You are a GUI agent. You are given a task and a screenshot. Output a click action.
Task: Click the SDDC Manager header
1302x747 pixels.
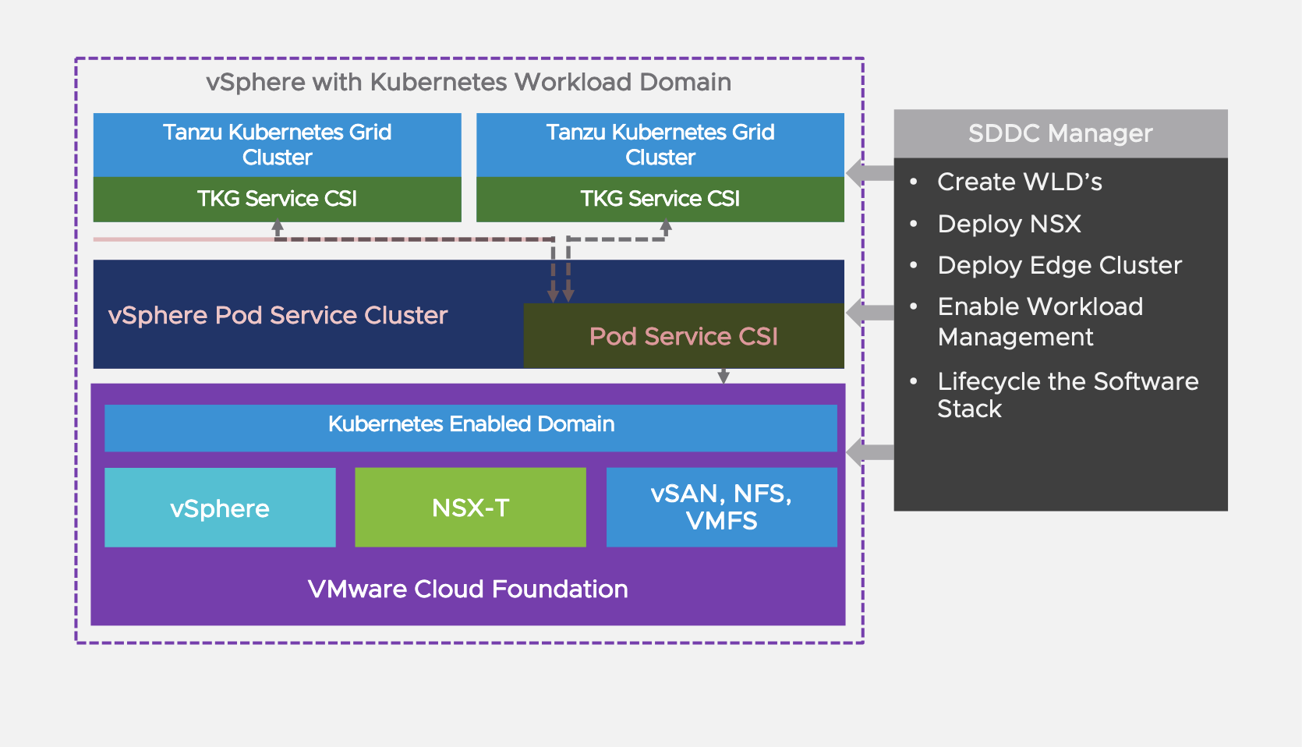tap(1060, 133)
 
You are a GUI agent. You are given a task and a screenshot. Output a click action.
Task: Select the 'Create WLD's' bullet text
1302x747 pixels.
tap(1019, 182)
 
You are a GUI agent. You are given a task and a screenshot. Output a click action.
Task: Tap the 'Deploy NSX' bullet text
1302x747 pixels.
tap(1009, 224)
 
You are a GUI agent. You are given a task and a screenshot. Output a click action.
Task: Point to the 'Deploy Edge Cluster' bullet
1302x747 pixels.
tap(1059, 265)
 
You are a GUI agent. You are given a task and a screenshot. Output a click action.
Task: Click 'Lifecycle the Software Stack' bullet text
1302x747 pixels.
tap(1067, 395)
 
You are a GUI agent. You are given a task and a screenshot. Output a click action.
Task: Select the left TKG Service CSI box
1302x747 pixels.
tap(277, 199)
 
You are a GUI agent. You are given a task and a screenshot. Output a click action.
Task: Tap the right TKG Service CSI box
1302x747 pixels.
tap(660, 199)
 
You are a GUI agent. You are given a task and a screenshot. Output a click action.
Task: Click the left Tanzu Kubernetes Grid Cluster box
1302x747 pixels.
tap(277, 144)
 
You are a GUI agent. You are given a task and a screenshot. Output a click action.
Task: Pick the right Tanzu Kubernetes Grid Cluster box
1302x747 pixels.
tap(660, 144)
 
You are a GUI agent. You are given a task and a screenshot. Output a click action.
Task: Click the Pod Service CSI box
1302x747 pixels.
tap(683, 336)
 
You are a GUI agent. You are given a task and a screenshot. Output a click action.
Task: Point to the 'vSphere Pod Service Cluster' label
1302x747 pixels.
tap(278, 315)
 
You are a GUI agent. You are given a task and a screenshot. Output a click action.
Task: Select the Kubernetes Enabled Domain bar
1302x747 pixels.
tap(471, 424)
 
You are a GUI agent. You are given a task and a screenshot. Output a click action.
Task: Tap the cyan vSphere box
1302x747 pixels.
tap(220, 508)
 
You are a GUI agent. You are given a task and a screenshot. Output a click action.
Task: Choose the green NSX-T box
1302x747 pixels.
tap(470, 508)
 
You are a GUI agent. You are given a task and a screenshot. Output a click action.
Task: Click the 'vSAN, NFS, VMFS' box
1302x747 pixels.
tap(721, 507)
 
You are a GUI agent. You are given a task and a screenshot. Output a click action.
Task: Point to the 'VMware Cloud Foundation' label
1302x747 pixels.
tap(468, 589)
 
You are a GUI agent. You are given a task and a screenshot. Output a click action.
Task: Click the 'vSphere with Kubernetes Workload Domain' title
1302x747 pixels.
tap(468, 82)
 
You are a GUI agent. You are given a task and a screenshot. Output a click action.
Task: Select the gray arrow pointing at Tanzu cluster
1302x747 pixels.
tap(868, 173)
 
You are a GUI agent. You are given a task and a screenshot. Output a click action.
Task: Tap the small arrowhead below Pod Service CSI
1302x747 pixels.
tap(724, 377)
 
